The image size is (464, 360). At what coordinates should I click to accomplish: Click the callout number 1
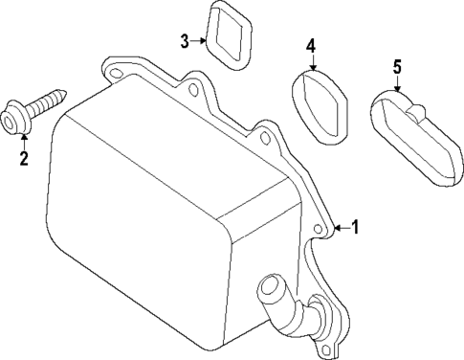coord(356,228)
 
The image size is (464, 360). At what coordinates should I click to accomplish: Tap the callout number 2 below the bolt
coord(24,157)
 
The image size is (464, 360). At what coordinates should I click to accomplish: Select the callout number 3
coord(185,40)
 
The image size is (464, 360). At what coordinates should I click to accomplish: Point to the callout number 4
coord(311,45)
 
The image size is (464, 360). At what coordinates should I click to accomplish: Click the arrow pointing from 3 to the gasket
coord(199,40)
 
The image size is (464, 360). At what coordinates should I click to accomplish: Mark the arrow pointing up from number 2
coord(24,140)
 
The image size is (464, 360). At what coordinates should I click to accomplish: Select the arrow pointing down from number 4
coord(311,62)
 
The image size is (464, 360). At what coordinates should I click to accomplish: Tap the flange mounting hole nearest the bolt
coord(117,68)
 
